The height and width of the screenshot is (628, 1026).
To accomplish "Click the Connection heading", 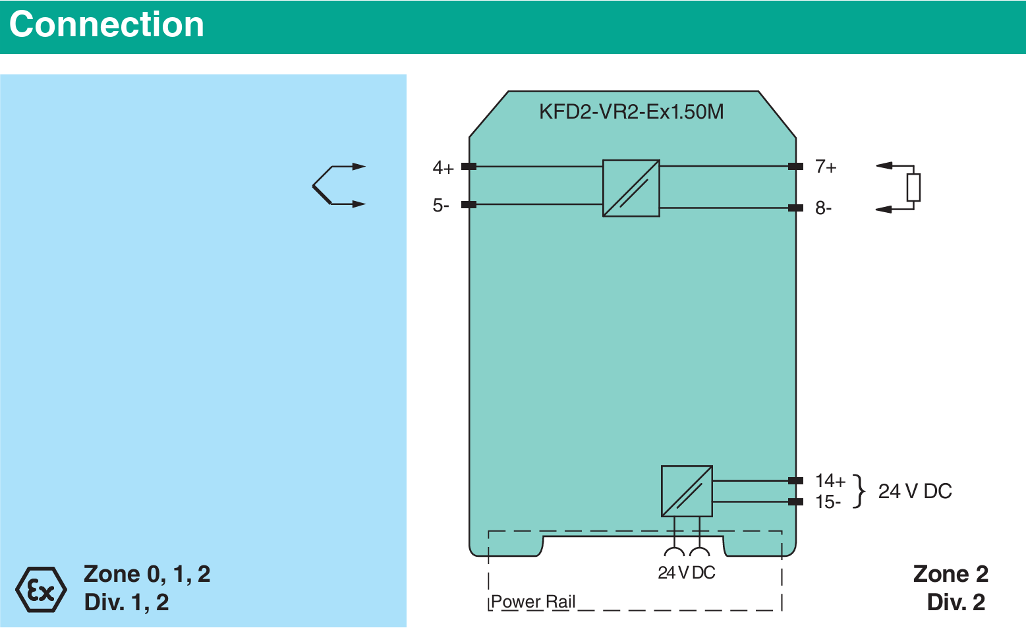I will pyautogui.click(x=107, y=25).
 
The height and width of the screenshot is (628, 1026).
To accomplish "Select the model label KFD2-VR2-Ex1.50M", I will pyautogui.click(x=631, y=112).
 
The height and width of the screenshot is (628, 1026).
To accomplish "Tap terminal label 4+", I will pyautogui.click(x=443, y=168).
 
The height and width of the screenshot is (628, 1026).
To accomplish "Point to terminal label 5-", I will pyautogui.click(x=440, y=206).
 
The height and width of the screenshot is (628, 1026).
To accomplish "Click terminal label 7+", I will pyautogui.click(x=825, y=167).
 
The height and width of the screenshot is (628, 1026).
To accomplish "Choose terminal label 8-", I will pyautogui.click(x=823, y=208).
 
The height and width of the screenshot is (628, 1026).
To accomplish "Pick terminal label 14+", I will pyautogui.click(x=830, y=480).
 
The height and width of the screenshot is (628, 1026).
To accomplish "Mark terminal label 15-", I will pyautogui.click(x=828, y=502).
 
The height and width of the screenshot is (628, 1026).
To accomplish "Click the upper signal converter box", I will pyautogui.click(x=631, y=188).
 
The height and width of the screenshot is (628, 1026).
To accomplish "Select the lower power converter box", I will pyautogui.click(x=687, y=491).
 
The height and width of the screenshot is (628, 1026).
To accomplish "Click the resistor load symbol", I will pyautogui.click(x=913, y=187).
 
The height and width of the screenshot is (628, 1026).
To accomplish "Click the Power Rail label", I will pyautogui.click(x=533, y=602).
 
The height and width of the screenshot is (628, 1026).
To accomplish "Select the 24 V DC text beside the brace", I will pyautogui.click(x=915, y=491).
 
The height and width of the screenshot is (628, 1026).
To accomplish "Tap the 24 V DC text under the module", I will pyautogui.click(x=686, y=573).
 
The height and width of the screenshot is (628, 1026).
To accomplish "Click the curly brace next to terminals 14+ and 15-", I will pyautogui.click(x=858, y=491).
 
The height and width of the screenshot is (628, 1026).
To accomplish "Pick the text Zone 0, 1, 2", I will pyautogui.click(x=147, y=574).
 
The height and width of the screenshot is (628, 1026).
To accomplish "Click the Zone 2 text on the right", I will pyautogui.click(x=950, y=574).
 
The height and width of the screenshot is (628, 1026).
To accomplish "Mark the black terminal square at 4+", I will pyautogui.click(x=469, y=167).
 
